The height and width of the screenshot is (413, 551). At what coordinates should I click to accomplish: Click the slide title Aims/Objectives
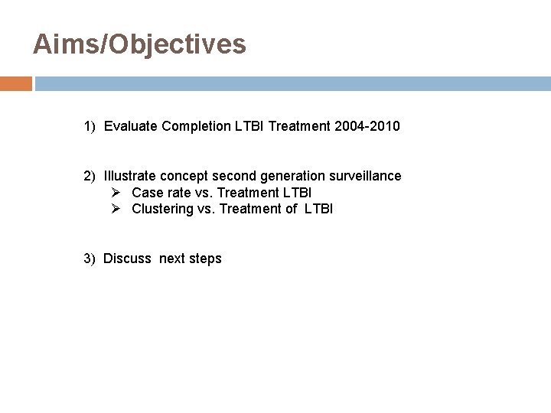click(139, 44)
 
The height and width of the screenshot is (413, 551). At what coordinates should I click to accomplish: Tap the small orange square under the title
click(16, 83)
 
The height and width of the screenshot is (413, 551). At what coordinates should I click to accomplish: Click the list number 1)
click(91, 125)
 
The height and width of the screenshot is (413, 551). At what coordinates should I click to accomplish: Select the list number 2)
click(91, 176)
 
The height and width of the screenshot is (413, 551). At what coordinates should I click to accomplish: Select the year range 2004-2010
click(367, 125)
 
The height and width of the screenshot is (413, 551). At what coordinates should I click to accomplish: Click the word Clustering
click(161, 209)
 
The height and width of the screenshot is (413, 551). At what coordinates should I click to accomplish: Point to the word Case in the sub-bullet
click(146, 192)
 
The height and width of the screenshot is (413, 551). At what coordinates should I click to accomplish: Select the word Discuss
click(128, 259)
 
